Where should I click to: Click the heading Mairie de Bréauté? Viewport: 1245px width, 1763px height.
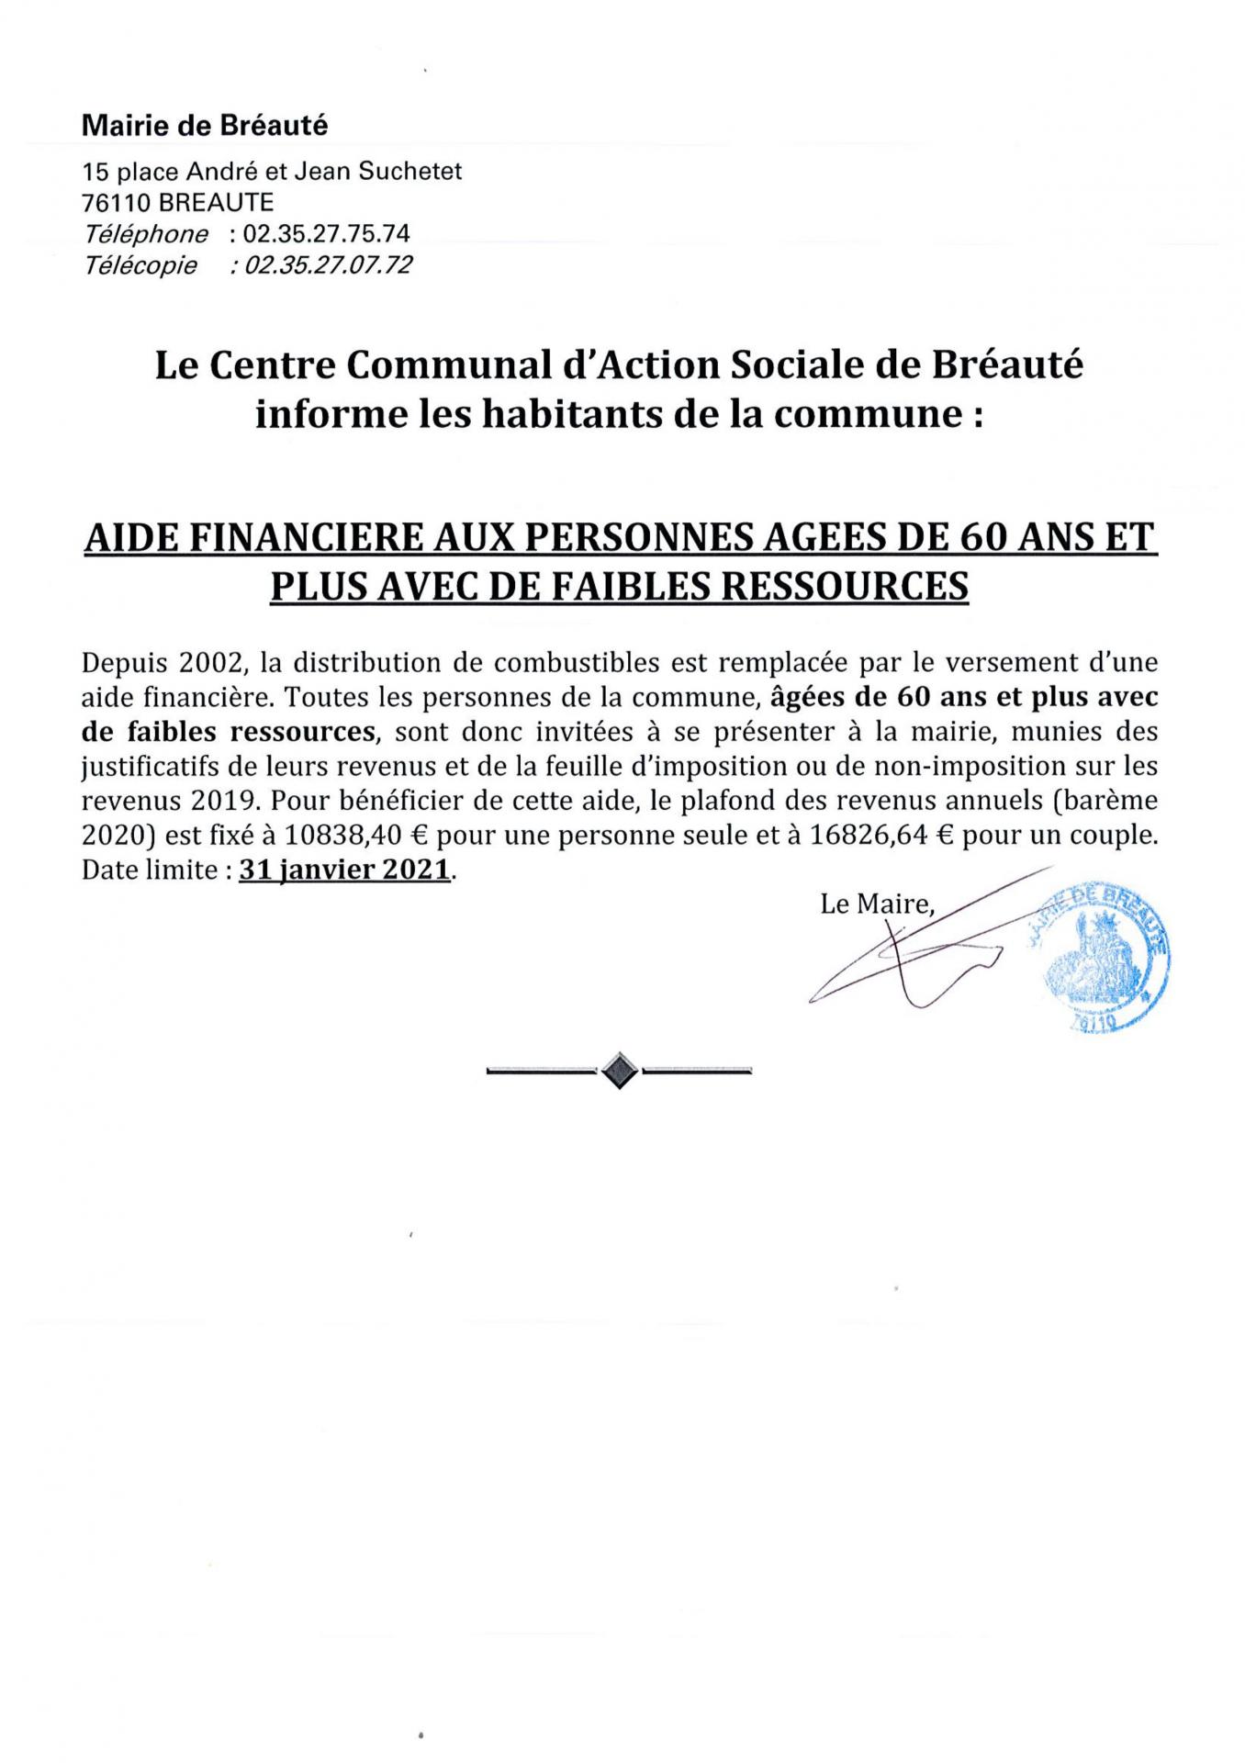coord(204,126)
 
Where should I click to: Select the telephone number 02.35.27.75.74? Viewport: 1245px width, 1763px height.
coord(326,233)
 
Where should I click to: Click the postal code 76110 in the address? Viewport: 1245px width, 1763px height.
coord(117,202)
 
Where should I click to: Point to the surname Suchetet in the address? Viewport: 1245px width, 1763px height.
coord(419,171)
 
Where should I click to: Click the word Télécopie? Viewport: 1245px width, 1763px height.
coord(140,265)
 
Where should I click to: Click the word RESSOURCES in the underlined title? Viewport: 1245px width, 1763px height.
coord(846,585)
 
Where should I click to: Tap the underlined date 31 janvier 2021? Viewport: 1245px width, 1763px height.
coord(344,870)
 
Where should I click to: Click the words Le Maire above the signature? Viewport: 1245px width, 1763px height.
coord(875,904)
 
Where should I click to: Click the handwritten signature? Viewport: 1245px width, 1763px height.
coord(909,955)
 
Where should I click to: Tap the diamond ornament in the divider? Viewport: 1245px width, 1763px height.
coord(619,1070)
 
